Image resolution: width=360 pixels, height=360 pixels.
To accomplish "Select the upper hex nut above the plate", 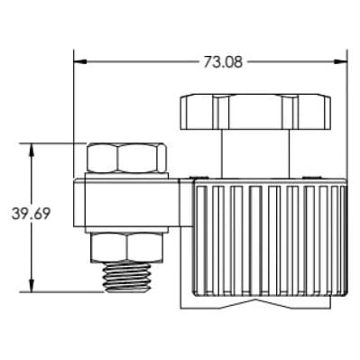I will [126, 157].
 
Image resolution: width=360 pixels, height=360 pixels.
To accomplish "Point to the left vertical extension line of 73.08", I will [74, 117].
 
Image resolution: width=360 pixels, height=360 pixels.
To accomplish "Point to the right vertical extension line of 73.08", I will [347, 117].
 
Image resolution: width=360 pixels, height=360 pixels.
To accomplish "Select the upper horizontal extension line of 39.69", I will [54, 143].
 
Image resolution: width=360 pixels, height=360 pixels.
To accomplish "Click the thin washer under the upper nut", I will [126, 175].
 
